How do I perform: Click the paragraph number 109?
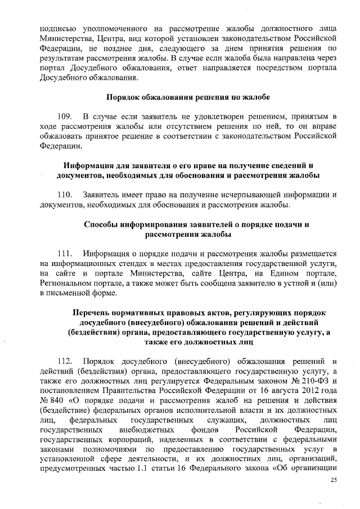(66, 116)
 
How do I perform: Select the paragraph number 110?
(66, 194)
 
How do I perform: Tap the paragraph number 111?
(66, 254)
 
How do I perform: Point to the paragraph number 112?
(66, 361)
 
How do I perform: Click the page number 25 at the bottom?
(333, 479)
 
